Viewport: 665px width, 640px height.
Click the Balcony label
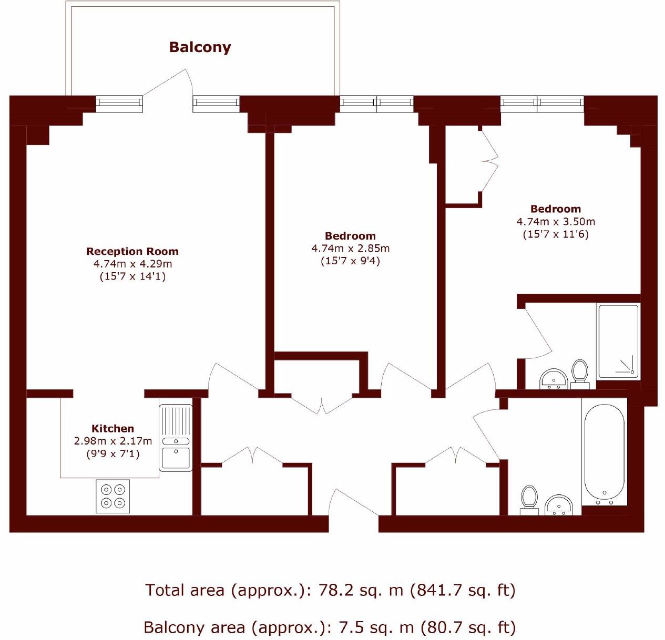[x=200, y=47]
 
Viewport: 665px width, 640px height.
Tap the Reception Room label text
[x=132, y=251]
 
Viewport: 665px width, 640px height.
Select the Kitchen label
[x=112, y=428]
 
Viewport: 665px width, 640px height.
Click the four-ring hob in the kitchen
[x=113, y=496]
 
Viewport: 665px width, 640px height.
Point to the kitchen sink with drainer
[x=176, y=438]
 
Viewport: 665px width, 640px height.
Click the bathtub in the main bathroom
[x=605, y=452]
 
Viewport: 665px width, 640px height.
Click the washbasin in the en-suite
[x=554, y=379]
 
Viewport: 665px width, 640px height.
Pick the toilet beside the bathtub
[x=529, y=499]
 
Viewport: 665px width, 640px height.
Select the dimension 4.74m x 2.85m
[x=350, y=249]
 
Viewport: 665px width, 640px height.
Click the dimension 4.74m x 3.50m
[x=556, y=221]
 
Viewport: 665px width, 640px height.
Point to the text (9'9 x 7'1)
[x=112, y=453]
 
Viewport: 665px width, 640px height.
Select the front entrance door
[x=353, y=504]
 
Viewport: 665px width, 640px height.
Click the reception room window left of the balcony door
[x=120, y=104]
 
